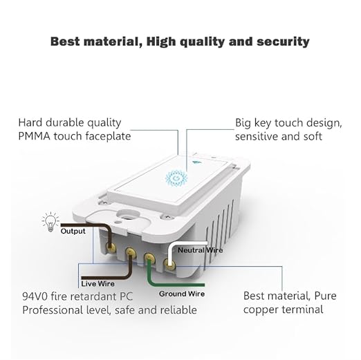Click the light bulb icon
[x=50, y=222]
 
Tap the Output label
[x=73, y=231]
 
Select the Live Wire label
[x=98, y=284]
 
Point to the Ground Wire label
[x=182, y=294]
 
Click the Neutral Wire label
[x=200, y=250]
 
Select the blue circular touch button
[x=176, y=178]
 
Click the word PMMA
[x=34, y=136]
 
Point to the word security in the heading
[x=283, y=42]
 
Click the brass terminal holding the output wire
[x=111, y=247]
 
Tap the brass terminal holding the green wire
[x=149, y=258]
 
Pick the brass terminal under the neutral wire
[x=169, y=265]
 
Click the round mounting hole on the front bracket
[x=128, y=215]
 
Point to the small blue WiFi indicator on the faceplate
[x=196, y=162]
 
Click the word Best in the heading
[x=65, y=41]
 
